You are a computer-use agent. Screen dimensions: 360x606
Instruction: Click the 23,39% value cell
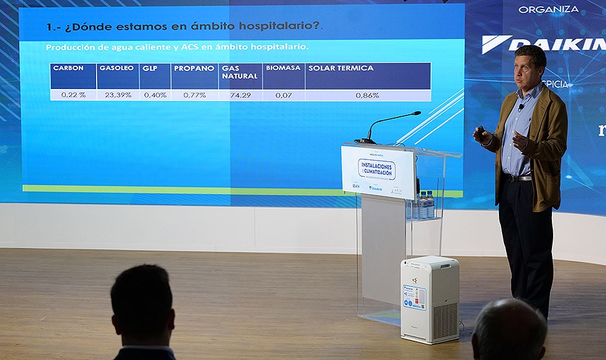[x=118, y=95]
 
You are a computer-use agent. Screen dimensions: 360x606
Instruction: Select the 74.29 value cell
[x=240, y=95]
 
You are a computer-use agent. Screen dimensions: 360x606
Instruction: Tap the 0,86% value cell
[x=367, y=95]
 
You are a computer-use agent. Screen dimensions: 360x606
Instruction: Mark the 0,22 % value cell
[x=73, y=95]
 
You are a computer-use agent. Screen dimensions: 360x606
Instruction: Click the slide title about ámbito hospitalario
[x=184, y=27]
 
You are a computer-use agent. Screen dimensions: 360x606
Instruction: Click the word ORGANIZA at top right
[x=549, y=10]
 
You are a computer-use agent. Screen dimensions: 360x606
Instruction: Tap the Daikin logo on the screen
[x=545, y=44]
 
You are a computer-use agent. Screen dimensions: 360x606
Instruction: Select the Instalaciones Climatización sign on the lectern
[x=377, y=171]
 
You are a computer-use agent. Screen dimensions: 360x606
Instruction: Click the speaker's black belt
[x=519, y=177]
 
